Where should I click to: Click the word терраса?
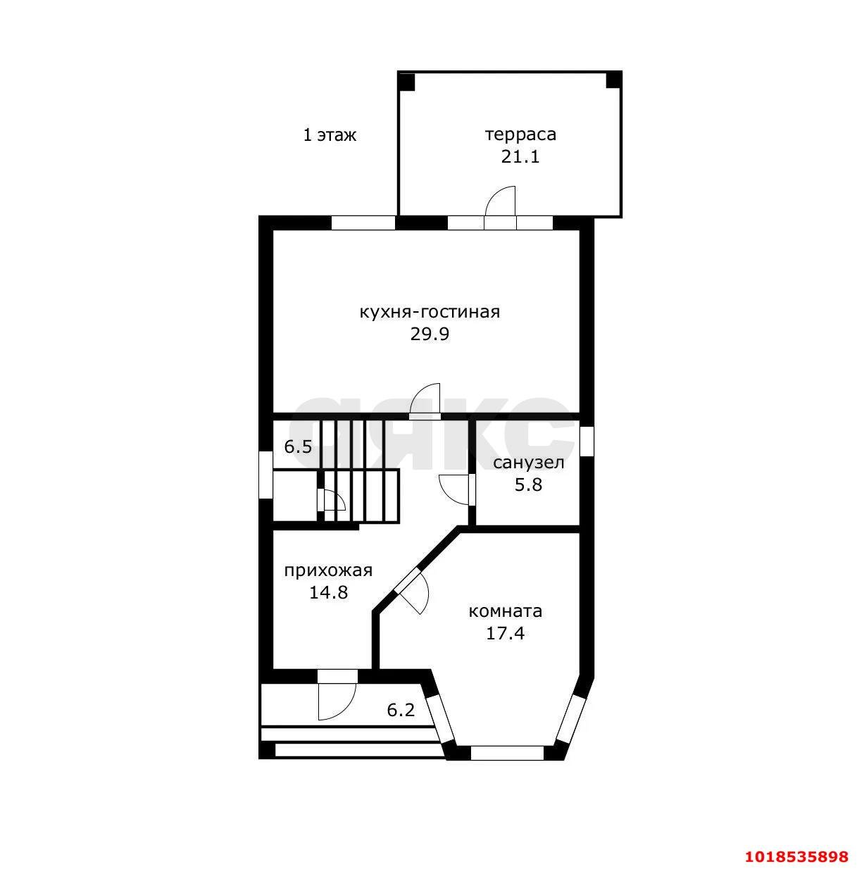(520, 135)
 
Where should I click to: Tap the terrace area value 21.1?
(520, 156)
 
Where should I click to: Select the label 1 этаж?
(330, 135)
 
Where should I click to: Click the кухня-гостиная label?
(430, 311)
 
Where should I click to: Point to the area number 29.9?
(430, 335)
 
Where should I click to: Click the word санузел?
(529, 463)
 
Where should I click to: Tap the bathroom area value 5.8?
(528, 484)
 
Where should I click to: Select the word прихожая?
(328, 570)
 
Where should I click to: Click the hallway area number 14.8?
(328, 592)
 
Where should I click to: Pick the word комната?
(506, 611)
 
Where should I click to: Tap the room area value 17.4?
(505, 634)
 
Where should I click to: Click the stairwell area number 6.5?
(298, 447)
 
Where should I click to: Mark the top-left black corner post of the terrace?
(406, 82)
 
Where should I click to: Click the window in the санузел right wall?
(587, 441)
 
